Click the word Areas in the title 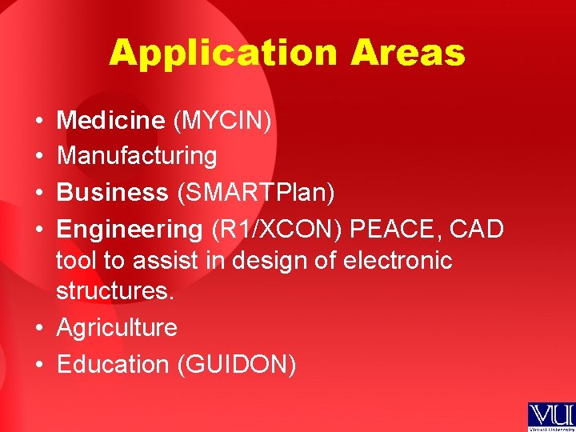click(x=408, y=53)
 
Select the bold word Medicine click(x=110, y=121)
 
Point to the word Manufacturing click(x=137, y=156)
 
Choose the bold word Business click(x=113, y=193)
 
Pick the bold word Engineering click(x=130, y=229)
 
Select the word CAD click(x=477, y=229)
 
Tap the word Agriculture click(x=117, y=328)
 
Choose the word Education click(x=113, y=364)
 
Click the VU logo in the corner click(x=550, y=416)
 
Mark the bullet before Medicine click(x=39, y=122)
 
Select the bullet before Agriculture click(x=39, y=328)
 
